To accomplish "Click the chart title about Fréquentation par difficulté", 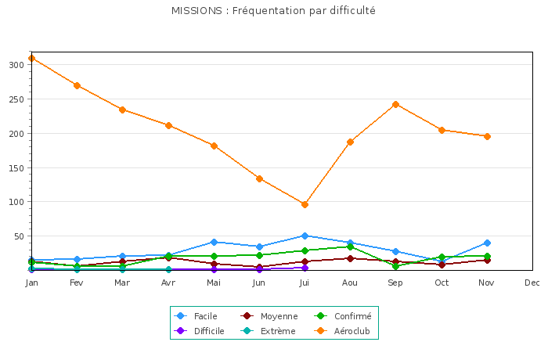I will (x=273, y=11).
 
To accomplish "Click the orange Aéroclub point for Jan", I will (x=31, y=58).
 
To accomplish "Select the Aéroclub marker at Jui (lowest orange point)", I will (x=305, y=204).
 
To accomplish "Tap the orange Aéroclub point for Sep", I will (x=395, y=104).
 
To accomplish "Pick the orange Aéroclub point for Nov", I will (x=487, y=136).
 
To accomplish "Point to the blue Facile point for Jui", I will (x=305, y=236).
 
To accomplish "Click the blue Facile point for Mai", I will (x=214, y=242).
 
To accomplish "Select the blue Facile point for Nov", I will (x=487, y=243).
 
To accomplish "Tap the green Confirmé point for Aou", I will (x=350, y=247).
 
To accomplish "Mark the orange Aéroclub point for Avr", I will (x=168, y=125).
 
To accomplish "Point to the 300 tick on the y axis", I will (x=16, y=65).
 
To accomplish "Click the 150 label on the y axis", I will (x=16, y=167).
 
